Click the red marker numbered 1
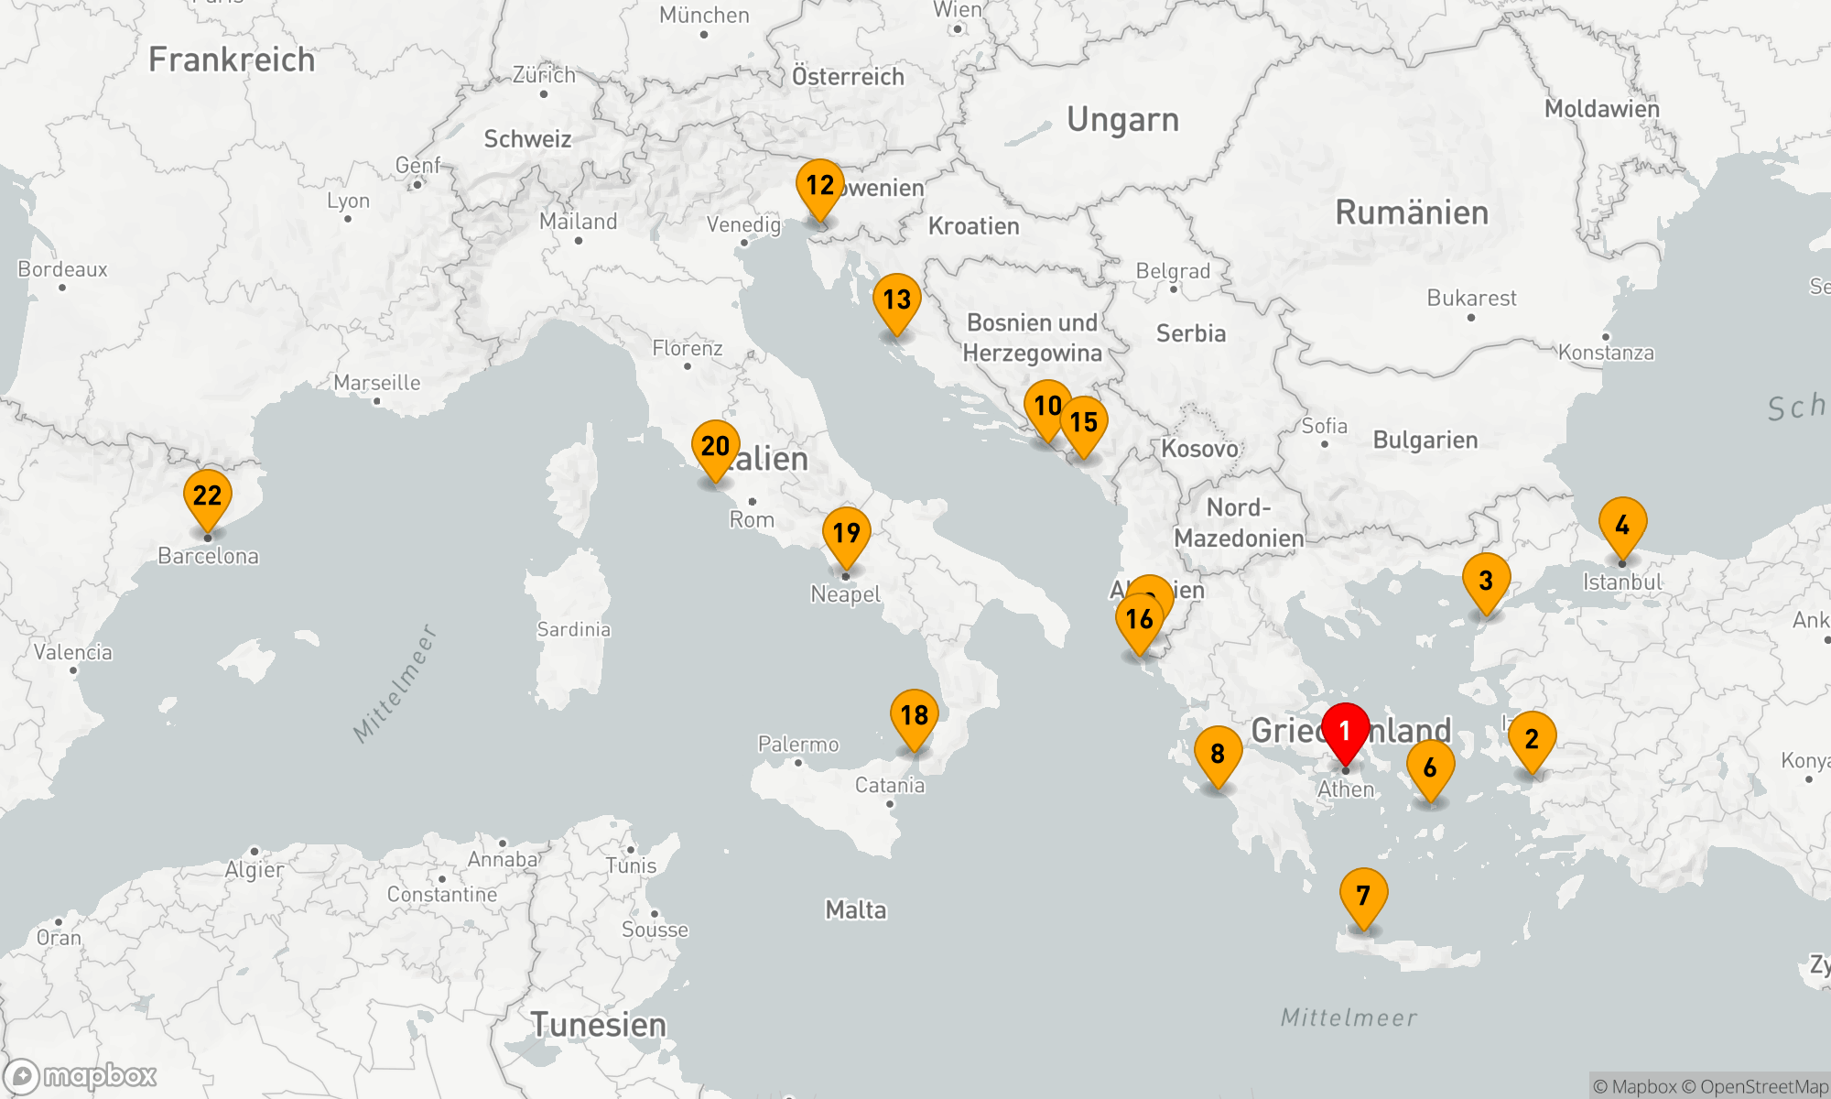click(x=1345, y=731)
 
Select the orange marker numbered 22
click(x=208, y=496)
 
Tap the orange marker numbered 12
click(x=819, y=186)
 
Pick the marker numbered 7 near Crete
click(x=1363, y=895)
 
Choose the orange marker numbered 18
click(x=914, y=715)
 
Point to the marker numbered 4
click(x=1622, y=525)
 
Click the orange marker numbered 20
click(x=715, y=447)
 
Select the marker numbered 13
click(x=896, y=299)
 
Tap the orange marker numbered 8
click(x=1218, y=753)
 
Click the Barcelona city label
click(x=208, y=556)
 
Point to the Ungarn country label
click(x=1122, y=120)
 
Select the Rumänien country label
click(x=1412, y=212)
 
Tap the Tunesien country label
click(x=599, y=1025)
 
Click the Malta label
click(x=856, y=909)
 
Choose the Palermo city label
click(x=798, y=744)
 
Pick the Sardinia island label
click(x=573, y=629)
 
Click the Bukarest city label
click(x=1471, y=298)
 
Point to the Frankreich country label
click(x=232, y=60)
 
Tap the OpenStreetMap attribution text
click(x=1763, y=1086)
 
